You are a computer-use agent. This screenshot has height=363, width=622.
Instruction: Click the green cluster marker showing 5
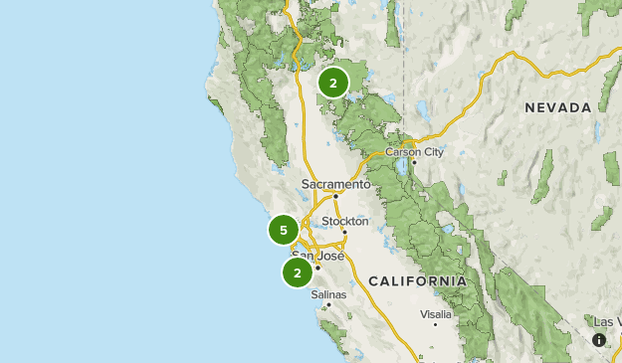tap(284, 231)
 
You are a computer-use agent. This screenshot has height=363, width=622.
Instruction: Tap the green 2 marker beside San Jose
tap(298, 272)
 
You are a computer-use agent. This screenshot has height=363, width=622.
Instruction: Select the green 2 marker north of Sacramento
tap(333, 83)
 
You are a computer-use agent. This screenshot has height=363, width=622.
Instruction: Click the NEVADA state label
tap(558, 107)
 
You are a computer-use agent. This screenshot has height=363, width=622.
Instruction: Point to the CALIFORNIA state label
tap(417, 281)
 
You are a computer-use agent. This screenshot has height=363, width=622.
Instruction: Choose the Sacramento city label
tap(335, 184)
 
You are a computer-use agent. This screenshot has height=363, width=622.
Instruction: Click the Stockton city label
tap(345, 221)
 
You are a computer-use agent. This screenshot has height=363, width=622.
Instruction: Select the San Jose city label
tap(317, 256)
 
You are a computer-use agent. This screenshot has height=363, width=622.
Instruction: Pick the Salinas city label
tap(328, 294)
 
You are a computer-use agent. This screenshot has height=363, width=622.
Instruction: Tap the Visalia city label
tap(435, 313)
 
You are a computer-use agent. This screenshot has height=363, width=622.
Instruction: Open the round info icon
tap(599, 340)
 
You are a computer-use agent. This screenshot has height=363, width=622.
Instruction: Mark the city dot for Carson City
tap(414, 162)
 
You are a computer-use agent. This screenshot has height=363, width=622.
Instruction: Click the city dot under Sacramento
tap(336, 196)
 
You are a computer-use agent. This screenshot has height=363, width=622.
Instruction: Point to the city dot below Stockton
tap(344, 232)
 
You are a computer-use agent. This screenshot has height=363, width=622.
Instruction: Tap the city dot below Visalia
tap(435, 324)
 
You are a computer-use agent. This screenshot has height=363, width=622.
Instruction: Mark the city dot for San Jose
tap(317, 267)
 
